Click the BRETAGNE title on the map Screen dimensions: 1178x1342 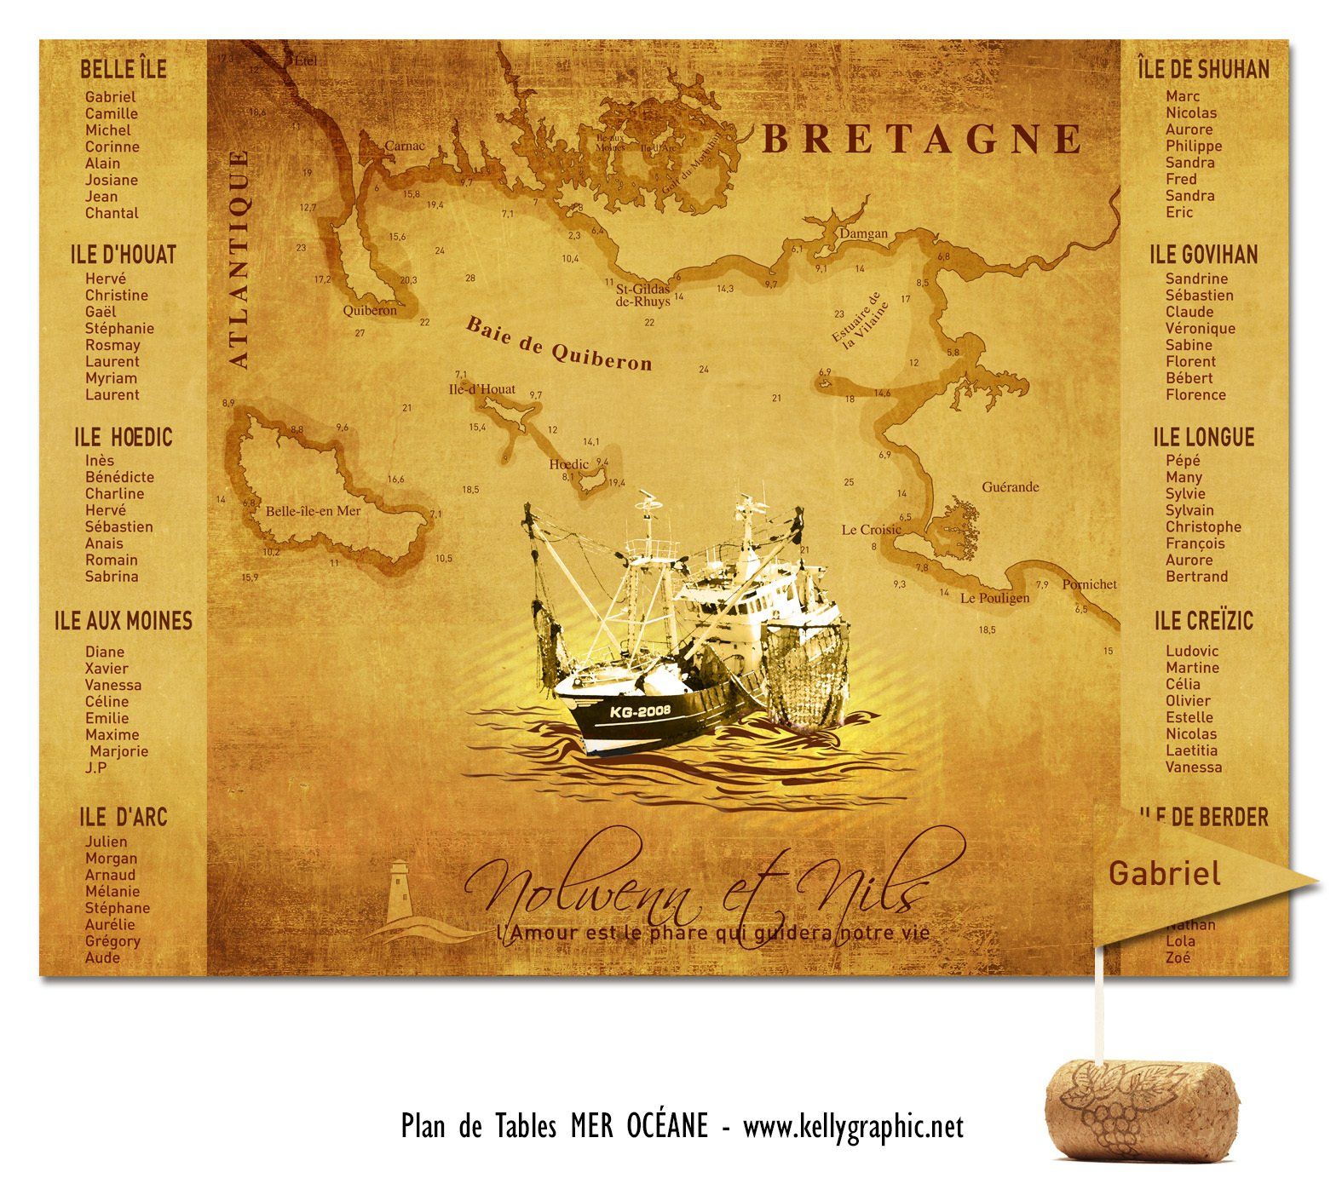921,139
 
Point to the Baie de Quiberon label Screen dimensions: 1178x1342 558,343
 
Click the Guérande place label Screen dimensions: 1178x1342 1011,487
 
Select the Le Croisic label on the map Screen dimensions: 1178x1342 871,530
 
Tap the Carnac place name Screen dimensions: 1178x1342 404,146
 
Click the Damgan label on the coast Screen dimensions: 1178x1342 863,233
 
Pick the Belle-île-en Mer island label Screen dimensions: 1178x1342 314,511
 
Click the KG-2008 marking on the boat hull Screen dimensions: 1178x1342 640,710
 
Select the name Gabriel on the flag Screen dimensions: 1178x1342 1164,874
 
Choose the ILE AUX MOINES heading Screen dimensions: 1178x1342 124,621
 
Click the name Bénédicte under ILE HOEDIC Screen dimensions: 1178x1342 119,477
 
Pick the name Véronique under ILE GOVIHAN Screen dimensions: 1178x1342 1201,329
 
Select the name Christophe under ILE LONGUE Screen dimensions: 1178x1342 1203,527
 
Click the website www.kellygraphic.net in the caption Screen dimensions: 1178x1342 853,1127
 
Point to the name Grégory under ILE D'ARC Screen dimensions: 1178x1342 112,941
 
